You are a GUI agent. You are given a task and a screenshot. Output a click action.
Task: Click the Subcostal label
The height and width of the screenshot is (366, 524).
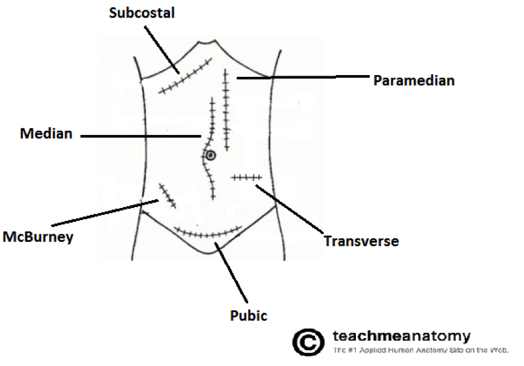coord(142,13)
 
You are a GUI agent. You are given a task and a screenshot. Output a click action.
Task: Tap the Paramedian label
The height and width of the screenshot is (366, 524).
coord(413,80)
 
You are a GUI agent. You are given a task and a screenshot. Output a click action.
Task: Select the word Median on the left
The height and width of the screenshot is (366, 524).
coord(45,134)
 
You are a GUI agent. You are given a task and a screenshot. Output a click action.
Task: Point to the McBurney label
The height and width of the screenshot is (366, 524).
coord(38,237)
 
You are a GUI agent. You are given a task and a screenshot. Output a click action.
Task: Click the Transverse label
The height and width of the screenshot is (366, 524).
coord(361,241)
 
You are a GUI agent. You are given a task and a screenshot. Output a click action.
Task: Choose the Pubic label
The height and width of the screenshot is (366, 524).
coord(248,315)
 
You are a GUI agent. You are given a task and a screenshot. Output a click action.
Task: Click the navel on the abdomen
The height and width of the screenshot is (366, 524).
coord(210,155)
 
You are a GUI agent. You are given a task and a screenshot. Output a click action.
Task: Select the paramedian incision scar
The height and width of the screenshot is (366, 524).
coord(226,109)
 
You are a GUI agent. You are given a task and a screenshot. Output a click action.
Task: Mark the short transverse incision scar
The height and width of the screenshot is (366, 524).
coord(246,177)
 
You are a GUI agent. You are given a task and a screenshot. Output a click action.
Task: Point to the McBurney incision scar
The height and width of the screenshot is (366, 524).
coord(166,195)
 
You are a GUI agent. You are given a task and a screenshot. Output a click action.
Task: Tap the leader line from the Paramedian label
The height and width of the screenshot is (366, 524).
coord(303,77)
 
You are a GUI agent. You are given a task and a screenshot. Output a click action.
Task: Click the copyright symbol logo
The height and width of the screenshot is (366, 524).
coord(308,342)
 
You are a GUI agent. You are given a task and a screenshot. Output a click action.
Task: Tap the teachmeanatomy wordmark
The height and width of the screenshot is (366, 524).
coord(402,336)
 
